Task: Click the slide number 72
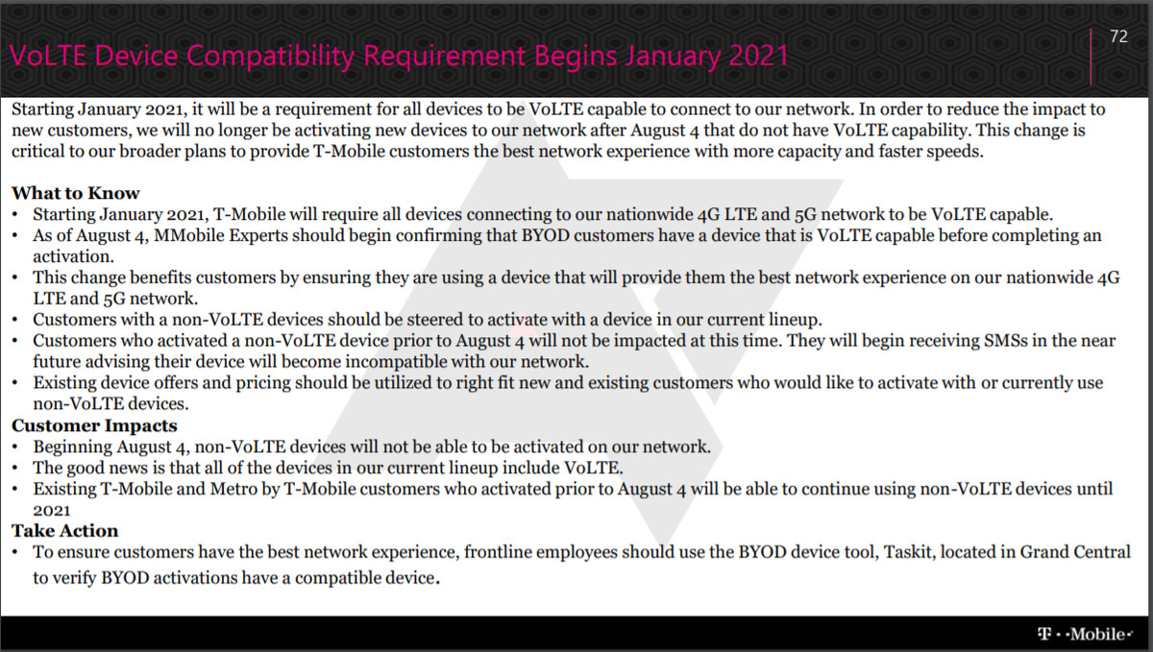click(x=1119, y=36)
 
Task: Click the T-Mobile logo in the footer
click(x=1085, y=634)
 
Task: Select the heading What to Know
click(x=76, y=193)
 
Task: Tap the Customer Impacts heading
click(x=94, y=425)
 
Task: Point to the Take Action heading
click(x=65, y=531)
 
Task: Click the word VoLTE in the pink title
click(x=48, y=56)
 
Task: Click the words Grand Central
click(x=1075, y=552)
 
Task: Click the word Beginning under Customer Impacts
click(x=73, y=447)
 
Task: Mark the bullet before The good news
click(x=15, y=469)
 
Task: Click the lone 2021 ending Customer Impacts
click(x=52, y=511)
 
